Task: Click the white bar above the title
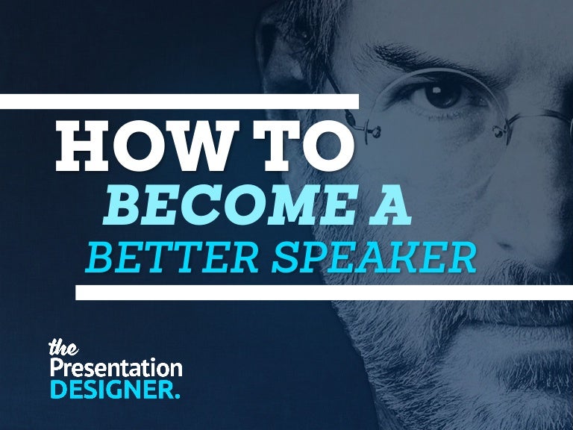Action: [179, 102]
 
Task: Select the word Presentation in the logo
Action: [116, 368]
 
